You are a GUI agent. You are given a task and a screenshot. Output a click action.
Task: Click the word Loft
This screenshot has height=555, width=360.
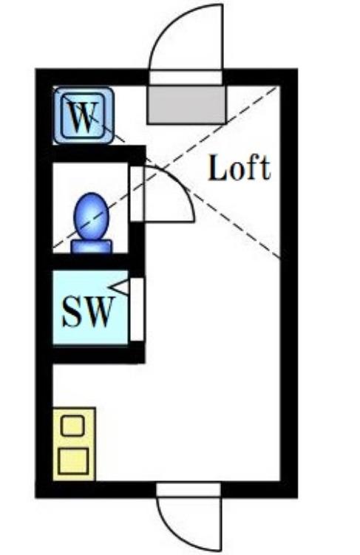(240, 168)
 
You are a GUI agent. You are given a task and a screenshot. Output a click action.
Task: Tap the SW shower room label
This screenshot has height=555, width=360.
(89, 311)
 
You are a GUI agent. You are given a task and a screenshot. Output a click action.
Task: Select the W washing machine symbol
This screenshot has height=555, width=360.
(84, 116)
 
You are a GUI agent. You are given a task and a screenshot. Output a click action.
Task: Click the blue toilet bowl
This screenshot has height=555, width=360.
(92, 217)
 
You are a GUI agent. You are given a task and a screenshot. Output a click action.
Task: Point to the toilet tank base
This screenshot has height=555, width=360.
(92, 246)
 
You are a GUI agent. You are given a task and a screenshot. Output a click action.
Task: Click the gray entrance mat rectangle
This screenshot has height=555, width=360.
(186, 104)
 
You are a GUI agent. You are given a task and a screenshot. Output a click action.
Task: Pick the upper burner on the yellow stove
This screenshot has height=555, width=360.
(72, 426)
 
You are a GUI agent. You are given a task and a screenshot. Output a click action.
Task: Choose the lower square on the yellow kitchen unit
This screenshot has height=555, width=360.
(73, 460)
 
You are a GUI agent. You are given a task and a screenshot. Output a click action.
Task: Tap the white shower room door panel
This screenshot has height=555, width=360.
(137, 310)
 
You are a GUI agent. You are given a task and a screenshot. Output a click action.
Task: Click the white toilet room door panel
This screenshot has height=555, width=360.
(137, 194)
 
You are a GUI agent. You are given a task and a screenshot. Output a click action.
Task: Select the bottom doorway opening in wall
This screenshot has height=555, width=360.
(189, 489)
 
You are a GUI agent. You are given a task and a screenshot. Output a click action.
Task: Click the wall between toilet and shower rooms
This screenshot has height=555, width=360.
(95, 262)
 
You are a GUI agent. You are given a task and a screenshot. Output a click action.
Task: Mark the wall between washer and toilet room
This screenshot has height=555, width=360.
(98, 154)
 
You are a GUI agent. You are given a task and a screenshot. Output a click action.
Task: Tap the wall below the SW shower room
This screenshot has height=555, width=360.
(98, 354)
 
